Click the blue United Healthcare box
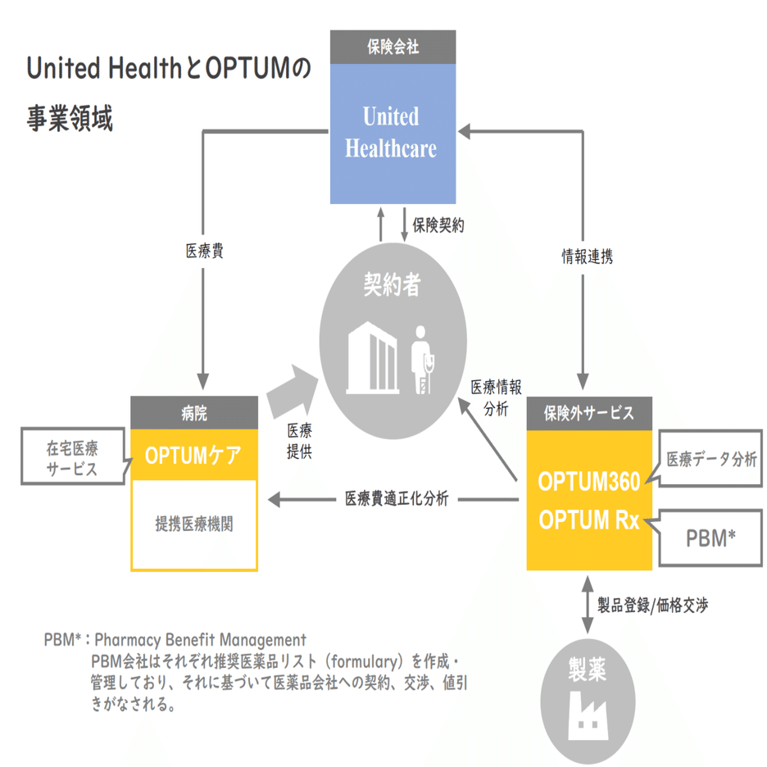pyautogui.click(x=393, y=134)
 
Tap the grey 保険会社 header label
pyautogui.click(x=393, y=47)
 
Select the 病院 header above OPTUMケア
pyautogui.click(x=194, y=413)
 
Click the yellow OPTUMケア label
pyautogui.click(x=194, y=455)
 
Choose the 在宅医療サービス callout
pyautogui.click(x=71, y=458)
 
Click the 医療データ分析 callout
pyautogui.click(x=711, y=459)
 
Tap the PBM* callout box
pyautogui.click(x=710, y=538)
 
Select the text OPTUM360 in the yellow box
pyautogui.click(x=588, y=483)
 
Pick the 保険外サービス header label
pyautogui.click(x=588, y=413)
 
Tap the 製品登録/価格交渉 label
pyautogui.click(x=652, y=606)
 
